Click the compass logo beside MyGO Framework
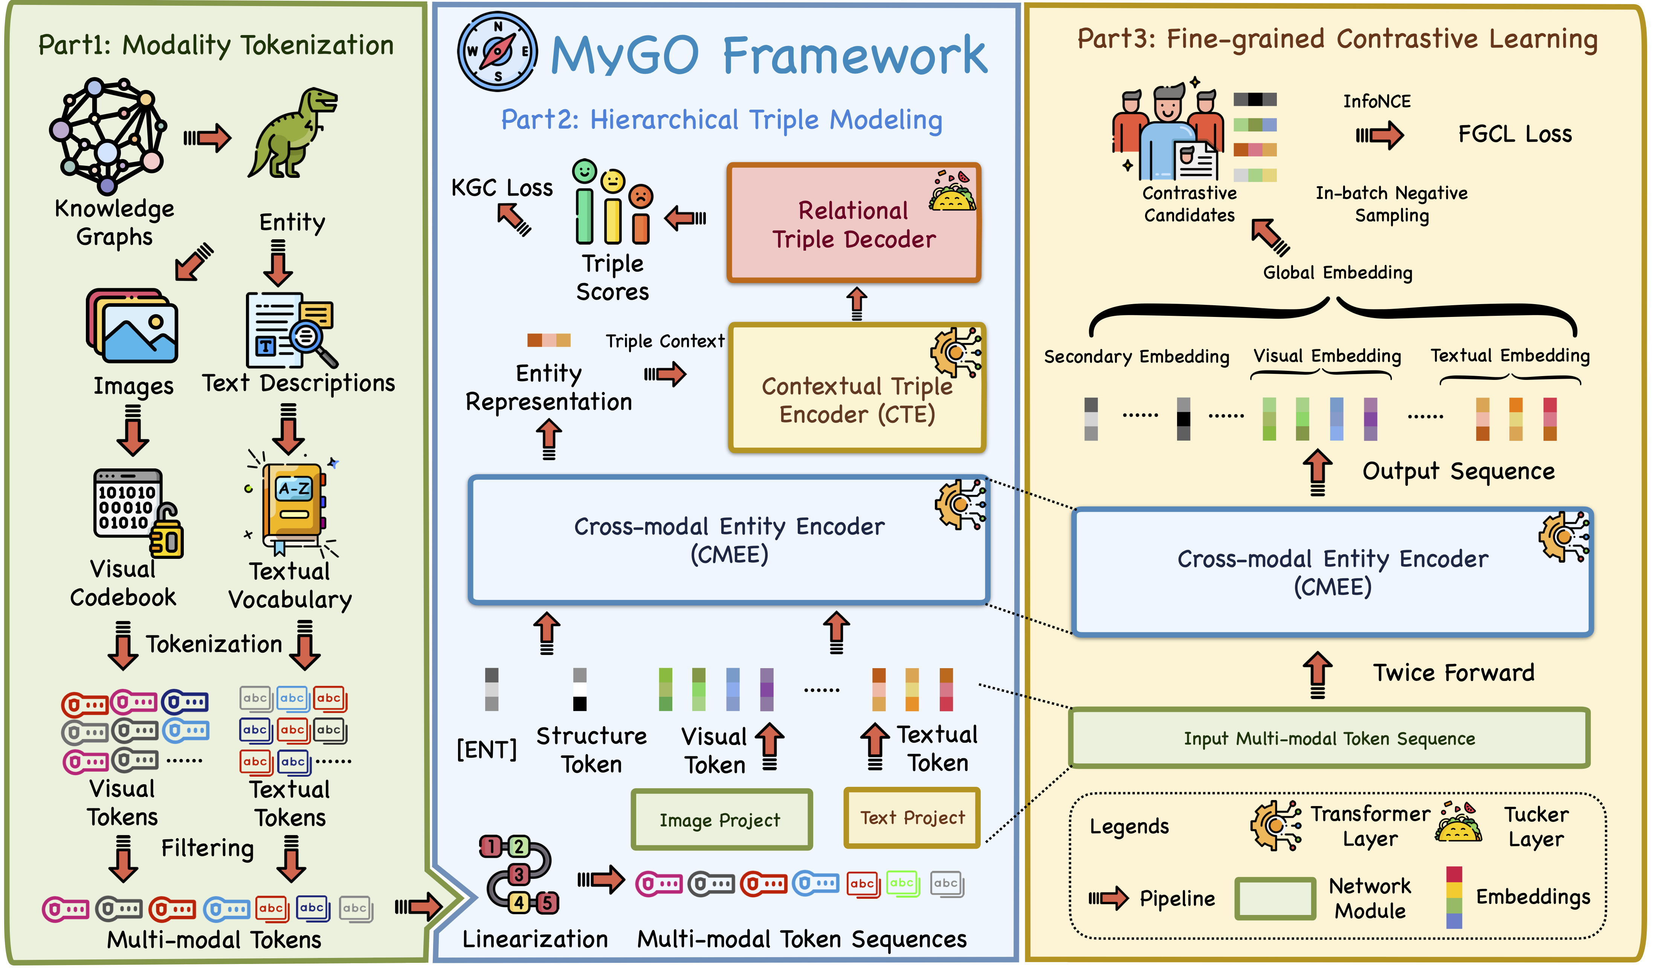(497, 51)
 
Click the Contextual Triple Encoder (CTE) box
(857, 388)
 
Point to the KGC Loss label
(502, 188)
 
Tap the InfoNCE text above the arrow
(1377, 101)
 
